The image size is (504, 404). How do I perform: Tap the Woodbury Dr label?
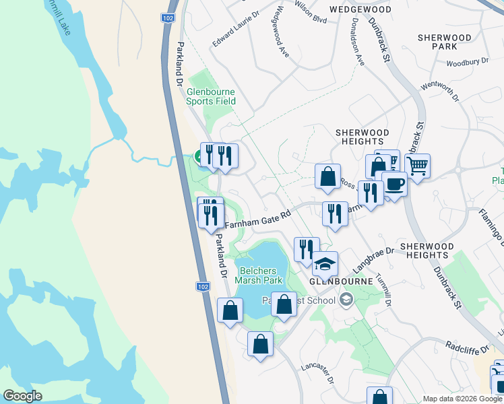[467, 61]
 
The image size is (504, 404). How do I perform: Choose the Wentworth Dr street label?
[439, 92]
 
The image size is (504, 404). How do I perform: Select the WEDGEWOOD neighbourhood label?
[360, 10]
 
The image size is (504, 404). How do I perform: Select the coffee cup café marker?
[394, 184]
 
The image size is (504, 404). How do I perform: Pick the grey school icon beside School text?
[346, 300]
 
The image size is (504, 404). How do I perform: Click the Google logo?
[22, 396]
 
